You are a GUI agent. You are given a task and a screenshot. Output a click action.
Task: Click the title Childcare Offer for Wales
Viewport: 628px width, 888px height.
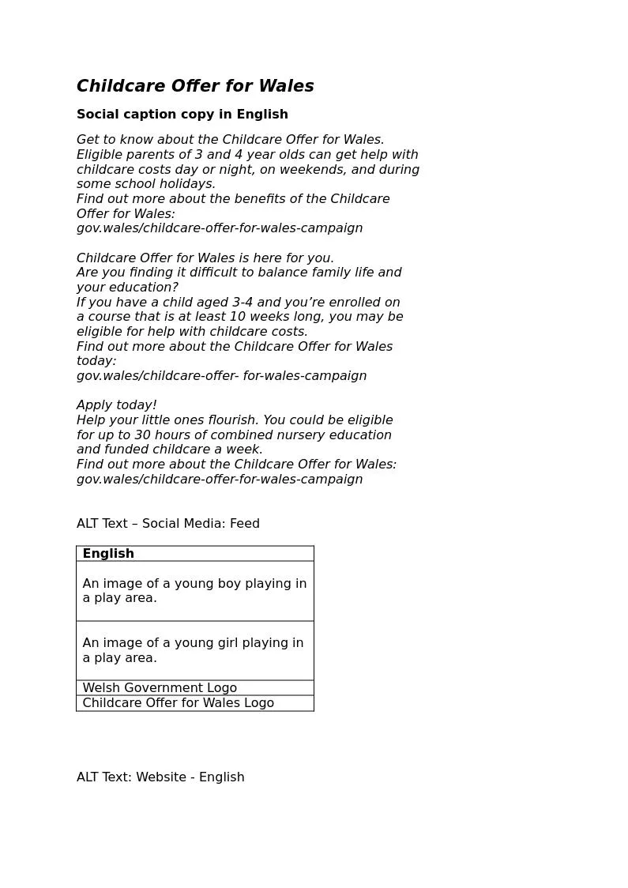(x=195, y=86)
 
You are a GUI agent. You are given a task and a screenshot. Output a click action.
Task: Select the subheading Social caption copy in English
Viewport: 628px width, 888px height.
(x=182, y=115)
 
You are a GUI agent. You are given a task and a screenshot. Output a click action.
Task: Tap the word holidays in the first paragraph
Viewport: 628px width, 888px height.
(x=187, y=184)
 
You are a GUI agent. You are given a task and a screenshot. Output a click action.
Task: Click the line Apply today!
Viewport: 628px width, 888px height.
(x=117, y=405)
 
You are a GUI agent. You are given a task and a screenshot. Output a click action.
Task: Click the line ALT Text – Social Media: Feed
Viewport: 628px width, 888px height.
(x=168, y=524)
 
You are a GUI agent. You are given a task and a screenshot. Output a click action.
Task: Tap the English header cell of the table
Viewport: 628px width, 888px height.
(x=108, y=554)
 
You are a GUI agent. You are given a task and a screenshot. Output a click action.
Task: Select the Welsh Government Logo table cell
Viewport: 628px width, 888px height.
(x=160, y=688)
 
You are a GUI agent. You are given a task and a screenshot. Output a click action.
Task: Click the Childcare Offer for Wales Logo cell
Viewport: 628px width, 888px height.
(x=178, y=703)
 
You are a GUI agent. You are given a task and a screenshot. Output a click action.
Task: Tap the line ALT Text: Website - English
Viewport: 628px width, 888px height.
(x=160, y=777)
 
